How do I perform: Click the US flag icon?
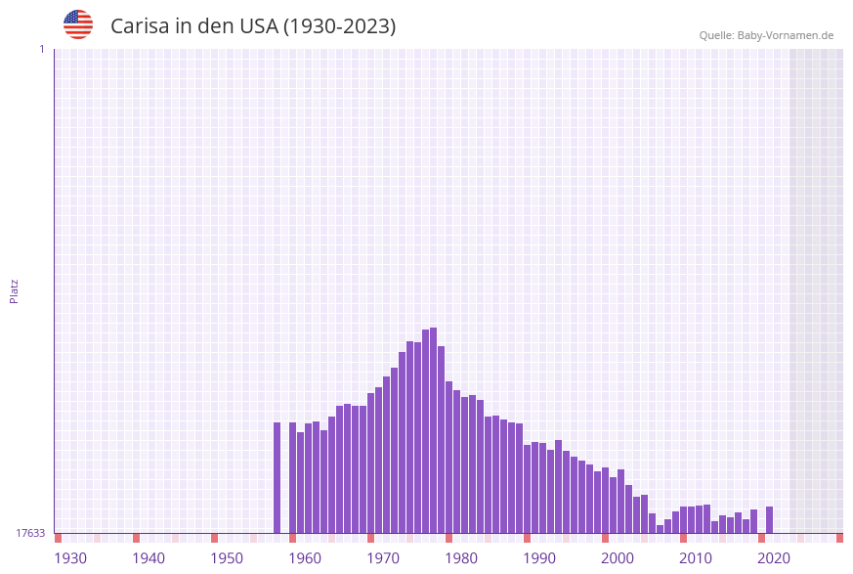(78, 24)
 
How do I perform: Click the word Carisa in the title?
(140, 26)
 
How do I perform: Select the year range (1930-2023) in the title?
(339, 26)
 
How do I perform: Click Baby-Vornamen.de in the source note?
(785, 35)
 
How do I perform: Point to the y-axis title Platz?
(15, 290)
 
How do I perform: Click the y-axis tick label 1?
(41, 49)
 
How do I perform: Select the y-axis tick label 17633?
(30, 533)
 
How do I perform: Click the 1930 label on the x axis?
(70, 558)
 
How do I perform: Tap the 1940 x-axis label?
(149, 558)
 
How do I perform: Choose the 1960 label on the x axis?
(305, 558)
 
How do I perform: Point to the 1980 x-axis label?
(461, 558)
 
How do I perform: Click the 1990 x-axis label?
(539, 558)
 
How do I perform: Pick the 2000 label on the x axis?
(618, 558)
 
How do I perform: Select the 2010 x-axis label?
(696, 558)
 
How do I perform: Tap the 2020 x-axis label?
(774, 558)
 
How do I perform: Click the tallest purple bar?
(433, 430)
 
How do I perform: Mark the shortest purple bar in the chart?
(660, 529)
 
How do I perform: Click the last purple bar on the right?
(769, 519)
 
